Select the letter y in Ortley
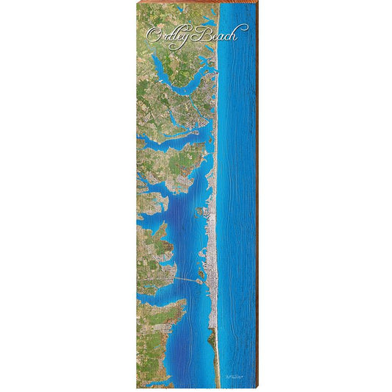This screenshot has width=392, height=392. point(188,37)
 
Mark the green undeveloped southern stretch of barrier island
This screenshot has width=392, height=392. point(215,353)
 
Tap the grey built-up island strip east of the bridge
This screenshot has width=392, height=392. point(211,272)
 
